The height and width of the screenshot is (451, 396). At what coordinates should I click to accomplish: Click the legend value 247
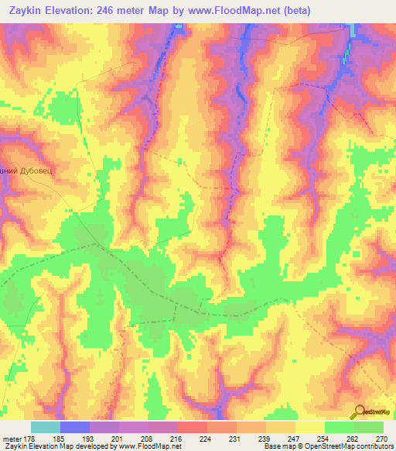tap(295, 438)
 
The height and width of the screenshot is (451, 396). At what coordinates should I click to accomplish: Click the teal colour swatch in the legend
tap(46, 427)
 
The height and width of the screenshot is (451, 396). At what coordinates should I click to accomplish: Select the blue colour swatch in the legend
tap(75, 427)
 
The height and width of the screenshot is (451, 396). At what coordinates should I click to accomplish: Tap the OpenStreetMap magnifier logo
tap(359, 411)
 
